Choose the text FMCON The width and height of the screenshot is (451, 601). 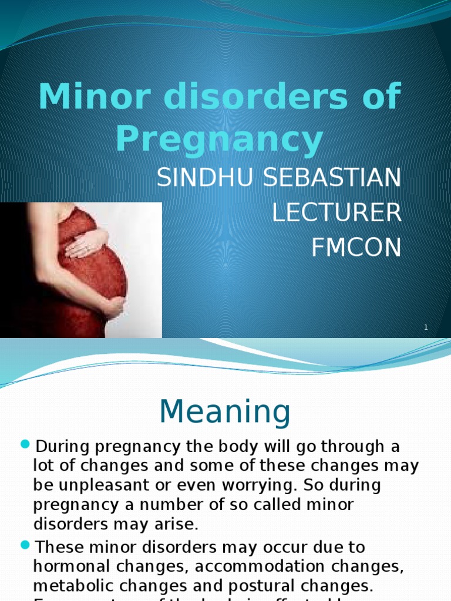[356, 248]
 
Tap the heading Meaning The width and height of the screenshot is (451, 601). [225, 412]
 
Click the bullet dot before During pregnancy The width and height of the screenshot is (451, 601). [25, 445]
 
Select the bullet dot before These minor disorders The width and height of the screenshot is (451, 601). [25, 545]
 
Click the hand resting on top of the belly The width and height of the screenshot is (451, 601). [87, 244]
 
